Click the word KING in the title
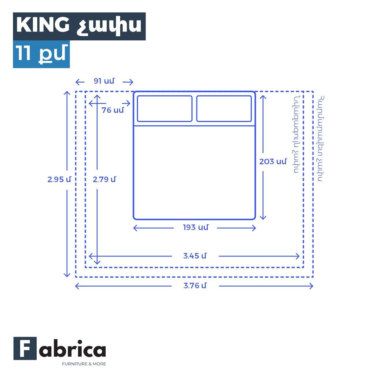click(43, 25)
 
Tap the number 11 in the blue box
click(23, 53)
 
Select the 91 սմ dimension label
click(104, 81)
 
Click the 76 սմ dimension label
click(113, 110)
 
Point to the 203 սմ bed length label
click(273, 162)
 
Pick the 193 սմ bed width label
click(196, 227)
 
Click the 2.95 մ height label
click(59, 179)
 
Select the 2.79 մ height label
click(104, 179)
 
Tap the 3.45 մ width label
click(195, 256)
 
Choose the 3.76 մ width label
click(195, 285)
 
